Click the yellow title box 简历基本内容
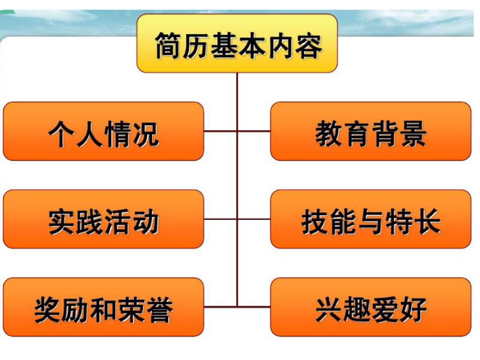(237, 43)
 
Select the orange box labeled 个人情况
(104, 131)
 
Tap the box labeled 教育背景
(371, 131)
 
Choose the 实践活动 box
(104, 219)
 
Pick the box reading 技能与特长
(371, 219)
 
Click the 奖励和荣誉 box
(104, 307)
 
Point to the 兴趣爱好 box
(371, 307)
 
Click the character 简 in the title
(167, 45)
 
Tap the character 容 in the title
(308, 45)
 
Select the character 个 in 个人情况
(61, 134)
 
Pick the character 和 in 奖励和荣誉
(104, 310)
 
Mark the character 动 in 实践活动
(146, 222)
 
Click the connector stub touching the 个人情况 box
(220, 131)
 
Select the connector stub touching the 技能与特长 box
(254, 219)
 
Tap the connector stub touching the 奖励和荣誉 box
(220, 307)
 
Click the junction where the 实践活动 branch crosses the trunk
(237, 219)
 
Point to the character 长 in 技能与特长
(427, 222)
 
